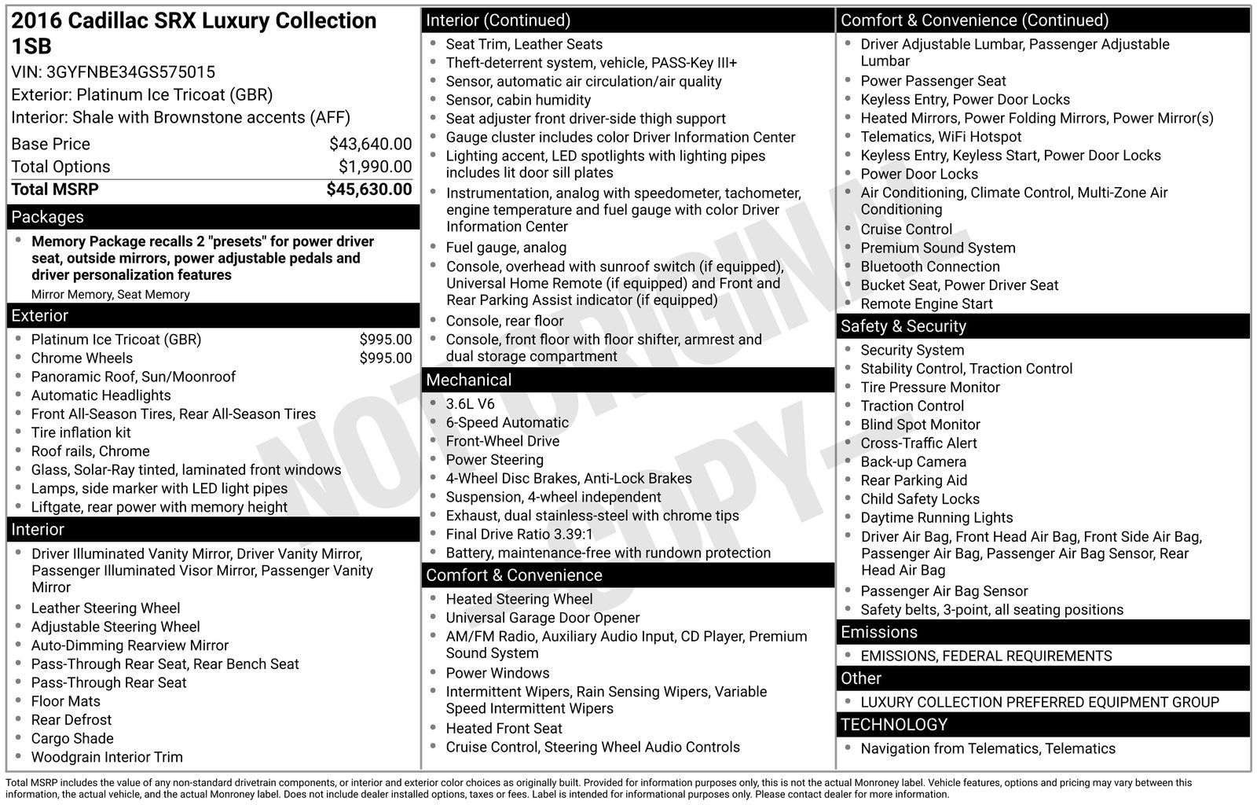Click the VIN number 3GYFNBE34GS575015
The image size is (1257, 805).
(130, 72)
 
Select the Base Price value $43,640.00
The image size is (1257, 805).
(370, 144)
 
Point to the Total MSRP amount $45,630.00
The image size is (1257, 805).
(368, 189)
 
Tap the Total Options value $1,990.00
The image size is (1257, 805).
(375, 167)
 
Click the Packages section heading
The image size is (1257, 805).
(47, 217)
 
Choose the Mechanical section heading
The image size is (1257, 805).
(468, 380)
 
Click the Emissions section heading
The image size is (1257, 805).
(878, 632)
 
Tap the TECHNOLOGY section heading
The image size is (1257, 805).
(893, 725)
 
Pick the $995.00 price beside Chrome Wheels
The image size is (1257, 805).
(385, 358)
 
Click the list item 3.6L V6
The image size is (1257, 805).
(470, 404)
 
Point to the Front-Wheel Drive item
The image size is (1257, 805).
(502, 441)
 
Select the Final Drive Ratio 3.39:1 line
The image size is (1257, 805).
(519, 535)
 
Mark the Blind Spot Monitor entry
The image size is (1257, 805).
(920, 425)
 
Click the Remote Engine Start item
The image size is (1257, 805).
(926, 304)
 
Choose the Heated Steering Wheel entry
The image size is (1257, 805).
(519, 599)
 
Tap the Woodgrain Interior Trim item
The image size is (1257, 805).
(107, 757)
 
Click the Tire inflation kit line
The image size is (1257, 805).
(81, 432)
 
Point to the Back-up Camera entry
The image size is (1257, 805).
(913, 462)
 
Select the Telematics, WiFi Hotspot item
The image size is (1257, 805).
(940, 137)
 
